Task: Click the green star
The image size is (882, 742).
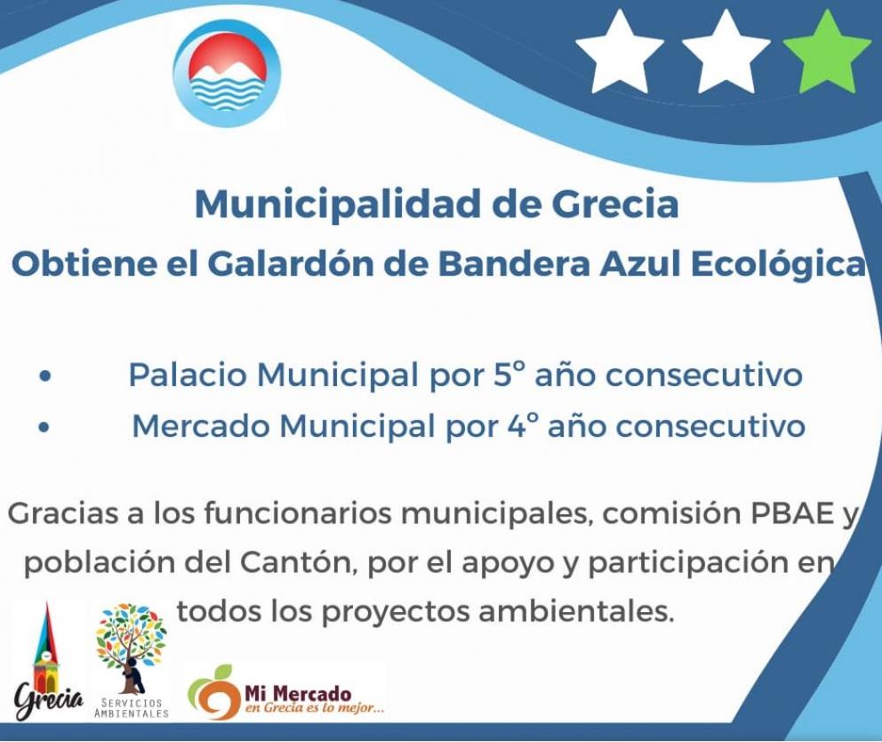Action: (x=826, y=54)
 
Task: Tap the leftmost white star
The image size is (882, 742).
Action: (x=620, y=54)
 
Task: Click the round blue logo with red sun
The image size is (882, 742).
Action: (x=227, y=72)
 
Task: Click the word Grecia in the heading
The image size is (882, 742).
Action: (x=614, y=204)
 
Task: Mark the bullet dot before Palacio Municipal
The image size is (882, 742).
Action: (x=45, y=376)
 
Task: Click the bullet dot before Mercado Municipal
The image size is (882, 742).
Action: (x=44, y=427)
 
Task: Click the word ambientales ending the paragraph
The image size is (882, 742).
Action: (x=576, y=611)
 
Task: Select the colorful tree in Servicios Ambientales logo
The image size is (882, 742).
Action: (x=131, y=648)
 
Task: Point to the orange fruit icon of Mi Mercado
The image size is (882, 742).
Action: (x=213, y=692)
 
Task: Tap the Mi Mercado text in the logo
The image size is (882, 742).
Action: (x=298, y=693)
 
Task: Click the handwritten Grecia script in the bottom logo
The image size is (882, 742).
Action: (x=50, y=701)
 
